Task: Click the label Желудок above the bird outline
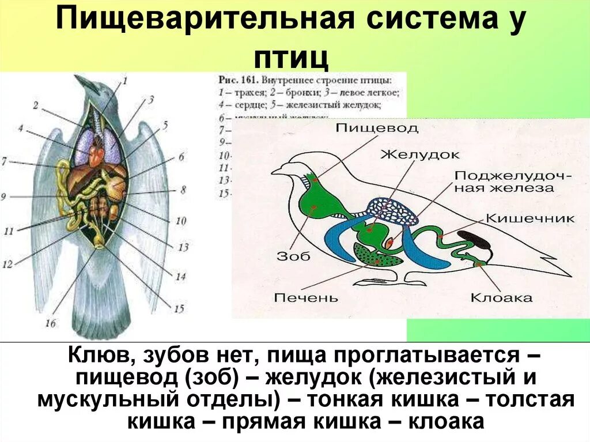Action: click(x=419, y=154)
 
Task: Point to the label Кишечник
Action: click(x=531, y=218)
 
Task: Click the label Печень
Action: click(x=306, y=298)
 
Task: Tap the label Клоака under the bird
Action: click(x=501, y=298)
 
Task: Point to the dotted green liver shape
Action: click(x=374, y=255)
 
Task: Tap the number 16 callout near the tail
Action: click(x=51, y=323)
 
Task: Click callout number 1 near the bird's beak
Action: click(x=124, y=81)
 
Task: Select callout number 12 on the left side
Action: click(x=7, y=265)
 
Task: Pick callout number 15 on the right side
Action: click(x=179, y=309)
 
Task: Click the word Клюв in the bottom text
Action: click(x=96, y=355)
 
